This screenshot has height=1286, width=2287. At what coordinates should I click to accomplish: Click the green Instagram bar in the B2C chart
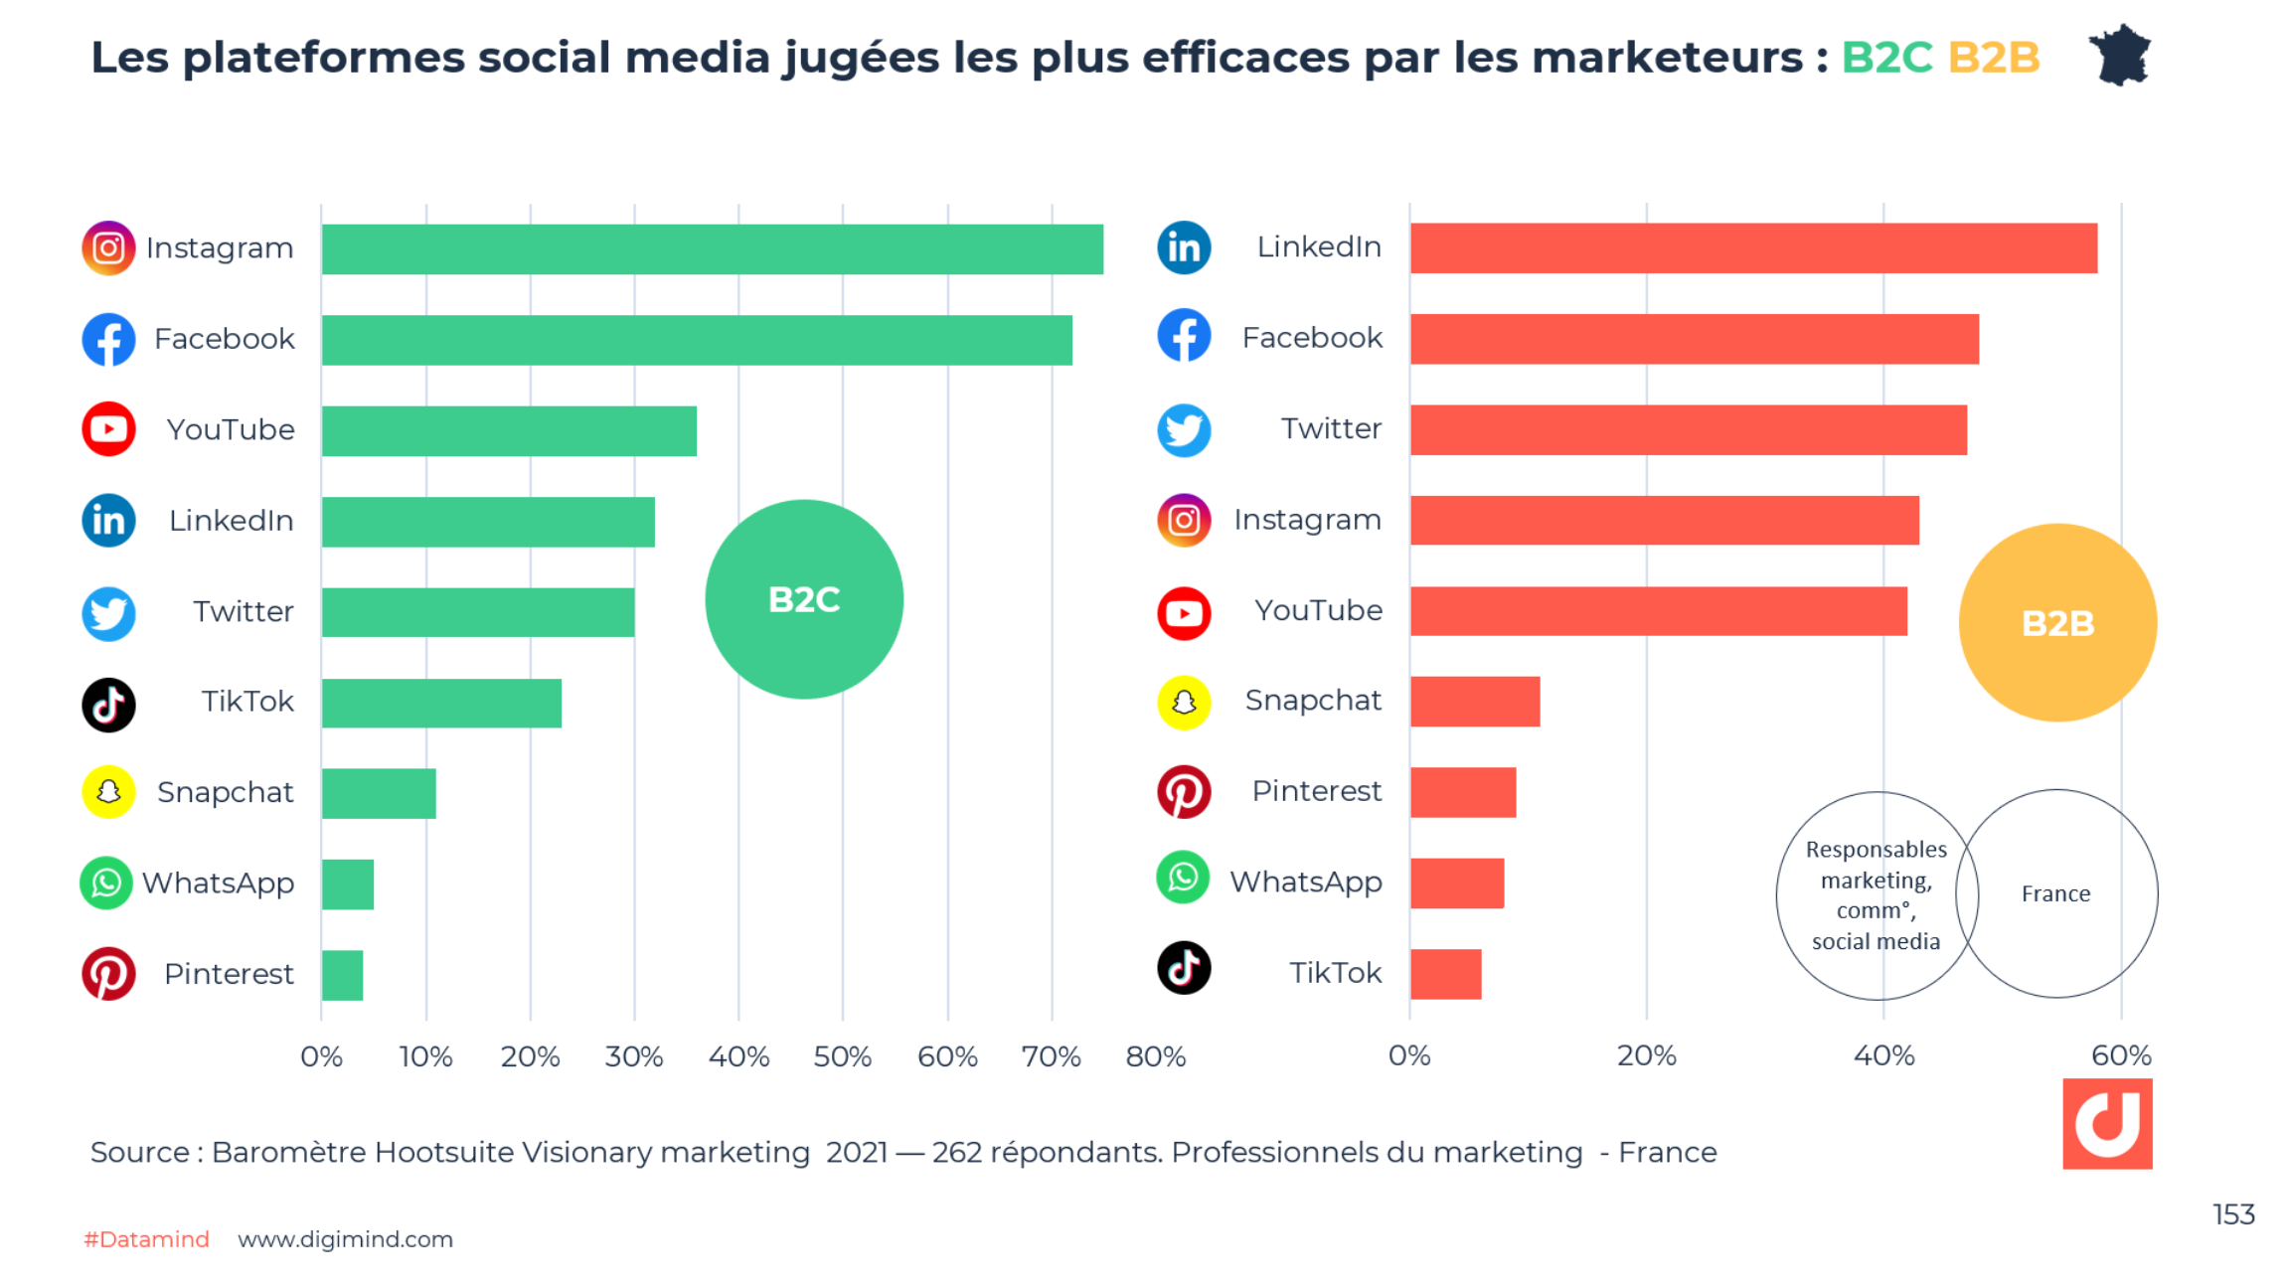[712, 248]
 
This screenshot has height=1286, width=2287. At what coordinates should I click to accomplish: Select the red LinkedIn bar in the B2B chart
[1753, 247]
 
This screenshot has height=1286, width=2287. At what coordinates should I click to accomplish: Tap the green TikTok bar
[441, 703]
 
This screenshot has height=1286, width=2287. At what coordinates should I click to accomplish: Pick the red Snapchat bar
[1475, 702]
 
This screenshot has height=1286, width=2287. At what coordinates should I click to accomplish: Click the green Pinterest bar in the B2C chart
[342, 975]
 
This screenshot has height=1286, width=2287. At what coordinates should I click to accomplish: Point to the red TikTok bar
[1445, 974]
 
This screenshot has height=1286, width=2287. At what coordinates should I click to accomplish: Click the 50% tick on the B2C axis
[842, 1055]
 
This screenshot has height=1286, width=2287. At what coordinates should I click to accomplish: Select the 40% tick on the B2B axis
[1883, 1055]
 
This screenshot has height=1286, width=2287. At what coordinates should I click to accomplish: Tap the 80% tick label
[1155, 1055]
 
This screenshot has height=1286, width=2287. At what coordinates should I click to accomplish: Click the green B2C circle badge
[804, 599]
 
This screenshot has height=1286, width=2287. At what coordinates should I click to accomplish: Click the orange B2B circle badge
[2057, 623]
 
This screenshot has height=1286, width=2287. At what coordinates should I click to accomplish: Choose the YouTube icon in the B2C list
[108, 429]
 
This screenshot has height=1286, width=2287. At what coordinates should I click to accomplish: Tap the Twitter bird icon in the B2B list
[1184, 429]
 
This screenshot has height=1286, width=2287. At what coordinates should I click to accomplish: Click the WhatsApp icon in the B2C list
[106, 883]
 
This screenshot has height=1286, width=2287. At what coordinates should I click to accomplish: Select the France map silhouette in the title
[2120, 56]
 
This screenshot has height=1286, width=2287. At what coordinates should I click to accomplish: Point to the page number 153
[2232, 1214]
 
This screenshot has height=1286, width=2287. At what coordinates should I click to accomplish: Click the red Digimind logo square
[2107, 1124]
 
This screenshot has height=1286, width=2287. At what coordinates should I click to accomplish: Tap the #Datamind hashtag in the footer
[146, 1239]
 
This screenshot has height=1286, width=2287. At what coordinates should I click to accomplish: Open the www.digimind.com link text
[345, 1239]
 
